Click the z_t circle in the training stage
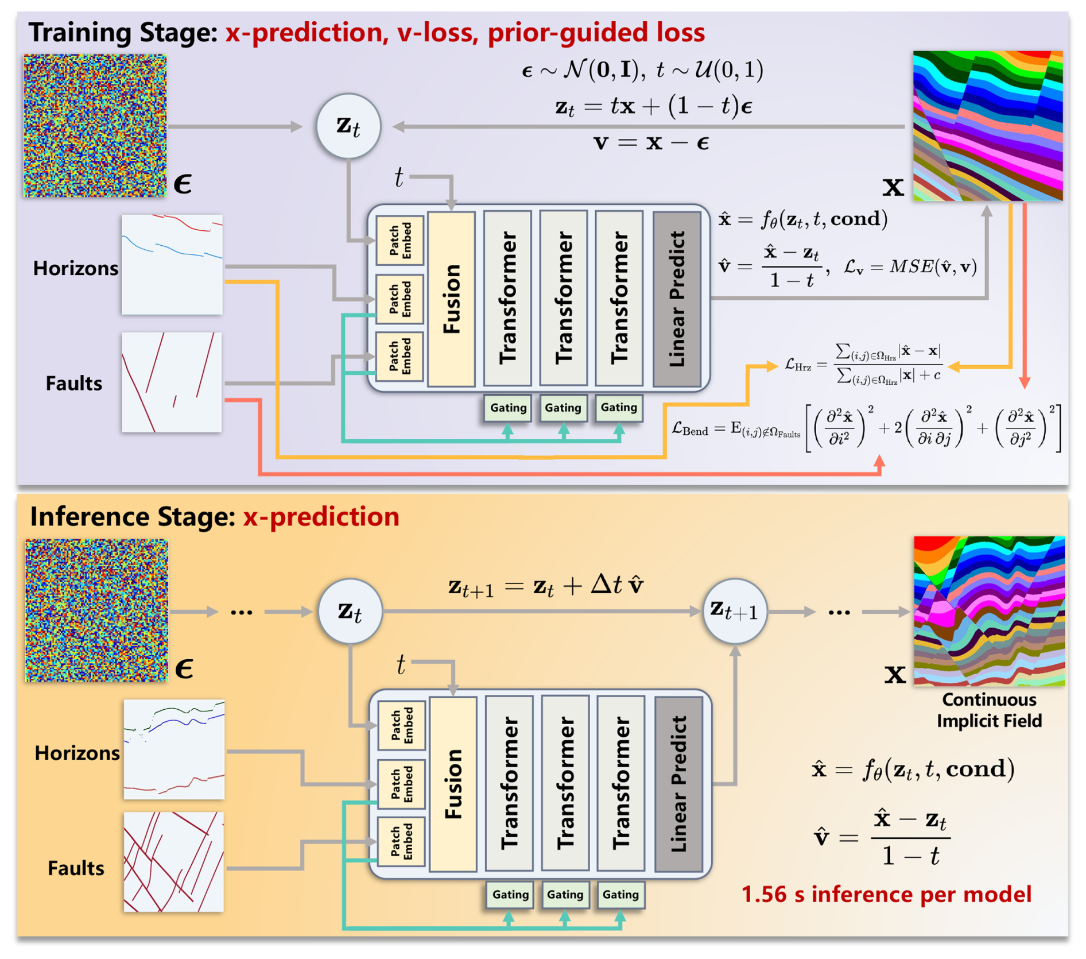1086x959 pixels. pyautogui.click(x=348, y=126)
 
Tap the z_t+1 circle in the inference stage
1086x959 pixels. pyautogui.click(x=735, y=611)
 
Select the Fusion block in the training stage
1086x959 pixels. pyautogui.click(x=451, y=299)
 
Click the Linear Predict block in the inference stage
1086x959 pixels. pyautogui.click(x=678, y=784)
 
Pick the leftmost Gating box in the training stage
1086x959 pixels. pyautogui.click(x=508, y=408)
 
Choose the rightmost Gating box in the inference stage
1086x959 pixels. pyautogui.click(x=620, y=894)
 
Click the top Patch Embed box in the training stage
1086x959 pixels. pyautogui.click(x=400, y=241)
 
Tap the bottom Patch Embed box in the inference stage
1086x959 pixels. pyautogui.click(x=402, y=841)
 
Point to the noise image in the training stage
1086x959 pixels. pyautogui.click(x=95, y=126)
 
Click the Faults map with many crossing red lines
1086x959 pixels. pyautogui.click(x=173, y=861)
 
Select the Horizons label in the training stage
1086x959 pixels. pyautogui.click(x=75, y=268)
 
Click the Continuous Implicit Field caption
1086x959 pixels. pyautogui.click(x=989, y=710)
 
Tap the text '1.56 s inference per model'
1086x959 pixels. pyautogui.click(x=886, y=894)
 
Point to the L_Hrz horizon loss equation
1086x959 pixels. pyautogui.click(x=863, y=364)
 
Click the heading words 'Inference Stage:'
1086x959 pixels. pyautogui.click(x=133, y=516)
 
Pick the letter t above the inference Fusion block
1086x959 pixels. pyautogui.click(x=401, y=664)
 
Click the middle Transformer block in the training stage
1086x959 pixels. pyautogui.click(x=563, y=298)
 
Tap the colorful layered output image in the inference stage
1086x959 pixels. pyautogui.click(x=989, y=611)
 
